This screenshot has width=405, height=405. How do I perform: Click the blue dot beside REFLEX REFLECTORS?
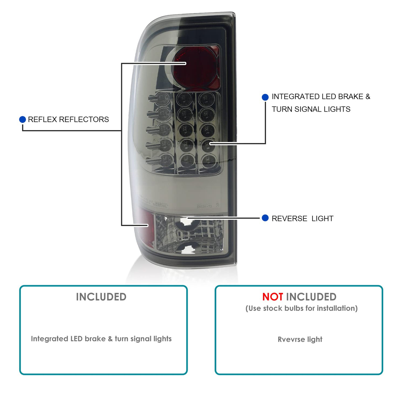coord(23,119)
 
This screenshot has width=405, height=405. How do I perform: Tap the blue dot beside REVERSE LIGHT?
coord(265,218)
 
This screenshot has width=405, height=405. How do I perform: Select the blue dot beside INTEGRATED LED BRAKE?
coord(265,97)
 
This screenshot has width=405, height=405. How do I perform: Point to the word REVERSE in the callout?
coord(289,219)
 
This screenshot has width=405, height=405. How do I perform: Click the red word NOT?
coord(273,297)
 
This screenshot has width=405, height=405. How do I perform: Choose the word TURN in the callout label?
coord(282,109)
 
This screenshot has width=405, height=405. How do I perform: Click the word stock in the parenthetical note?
coord(273,308)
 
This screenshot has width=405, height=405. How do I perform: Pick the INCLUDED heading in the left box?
coord(101,297)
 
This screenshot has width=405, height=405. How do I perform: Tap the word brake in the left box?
coord(95,339)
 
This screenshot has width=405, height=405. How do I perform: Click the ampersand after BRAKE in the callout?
coord(368,97)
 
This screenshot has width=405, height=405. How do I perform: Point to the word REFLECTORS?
coord(84,119)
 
